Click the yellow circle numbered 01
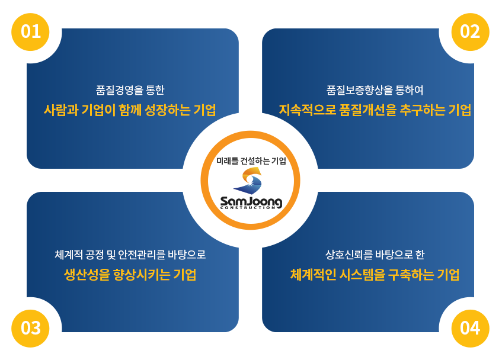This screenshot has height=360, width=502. pyautogui.click(x=30, y=32)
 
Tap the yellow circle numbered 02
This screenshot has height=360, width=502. pyautogui.click(x=471, y=32)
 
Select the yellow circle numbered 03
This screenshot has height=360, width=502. pyautogui.click(x=30, y=329)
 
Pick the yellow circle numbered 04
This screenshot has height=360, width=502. pyautogui.click(x=471, y=329)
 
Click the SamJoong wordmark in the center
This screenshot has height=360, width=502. pyautogui.click(x=251, y=202)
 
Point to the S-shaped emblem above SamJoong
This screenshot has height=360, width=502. pyautogui.click(x=248, y=181)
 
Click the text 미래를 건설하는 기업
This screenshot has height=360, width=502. pyautogui.click(x=251, y=161)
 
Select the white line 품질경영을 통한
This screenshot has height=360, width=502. pyautogui.click(x=130, y=90)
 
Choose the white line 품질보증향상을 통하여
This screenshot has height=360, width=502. pyautogui.click(x=375, y=90)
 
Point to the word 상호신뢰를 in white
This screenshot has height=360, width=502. pyautogui.click(x=349, y=255)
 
